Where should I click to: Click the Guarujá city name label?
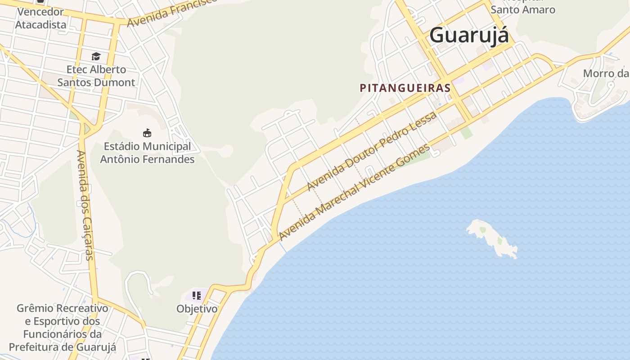[469, 35]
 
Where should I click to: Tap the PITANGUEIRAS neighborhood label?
[405, 88]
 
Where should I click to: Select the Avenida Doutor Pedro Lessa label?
[372, 151]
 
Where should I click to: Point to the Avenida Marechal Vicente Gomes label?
[354, 192]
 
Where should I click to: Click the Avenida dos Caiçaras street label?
[85, 205]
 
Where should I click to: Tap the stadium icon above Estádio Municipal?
[147, 133]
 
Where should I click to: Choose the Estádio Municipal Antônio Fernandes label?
[147, 153]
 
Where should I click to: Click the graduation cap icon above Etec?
[96, 56]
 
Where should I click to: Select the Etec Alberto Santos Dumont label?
[96, 76]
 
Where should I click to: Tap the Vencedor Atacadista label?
[40, 18]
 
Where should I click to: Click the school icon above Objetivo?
[197, 296]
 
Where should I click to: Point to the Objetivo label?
[197, 309]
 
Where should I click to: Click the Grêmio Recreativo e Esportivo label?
[63, 328]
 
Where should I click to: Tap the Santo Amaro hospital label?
[523, 9]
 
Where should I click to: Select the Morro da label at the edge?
[605, 73]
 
